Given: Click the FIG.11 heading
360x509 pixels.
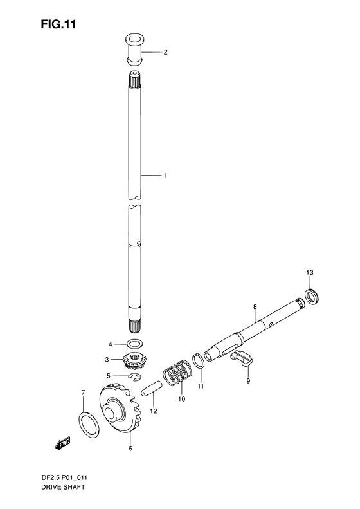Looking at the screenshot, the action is click(59, 24).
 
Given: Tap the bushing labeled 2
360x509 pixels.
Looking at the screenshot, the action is click(134, 50).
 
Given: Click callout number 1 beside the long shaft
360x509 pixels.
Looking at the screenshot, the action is click(165, 176).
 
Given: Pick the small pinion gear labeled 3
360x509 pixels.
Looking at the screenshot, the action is click(134, 361).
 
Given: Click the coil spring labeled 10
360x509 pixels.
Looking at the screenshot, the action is click(177, 373).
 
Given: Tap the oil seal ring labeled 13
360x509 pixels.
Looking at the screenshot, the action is click(312, 296).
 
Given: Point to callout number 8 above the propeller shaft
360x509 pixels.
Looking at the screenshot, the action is click(255, 306).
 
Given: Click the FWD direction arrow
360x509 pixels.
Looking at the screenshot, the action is click(62, 443).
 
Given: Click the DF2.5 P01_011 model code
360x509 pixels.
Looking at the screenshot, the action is click(64, 477).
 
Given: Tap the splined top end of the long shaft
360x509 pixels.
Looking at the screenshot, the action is click(135, 79).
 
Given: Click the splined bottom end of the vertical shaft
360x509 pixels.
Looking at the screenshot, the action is click(135, 326).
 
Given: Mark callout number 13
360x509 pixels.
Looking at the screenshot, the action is click(310, 272).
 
